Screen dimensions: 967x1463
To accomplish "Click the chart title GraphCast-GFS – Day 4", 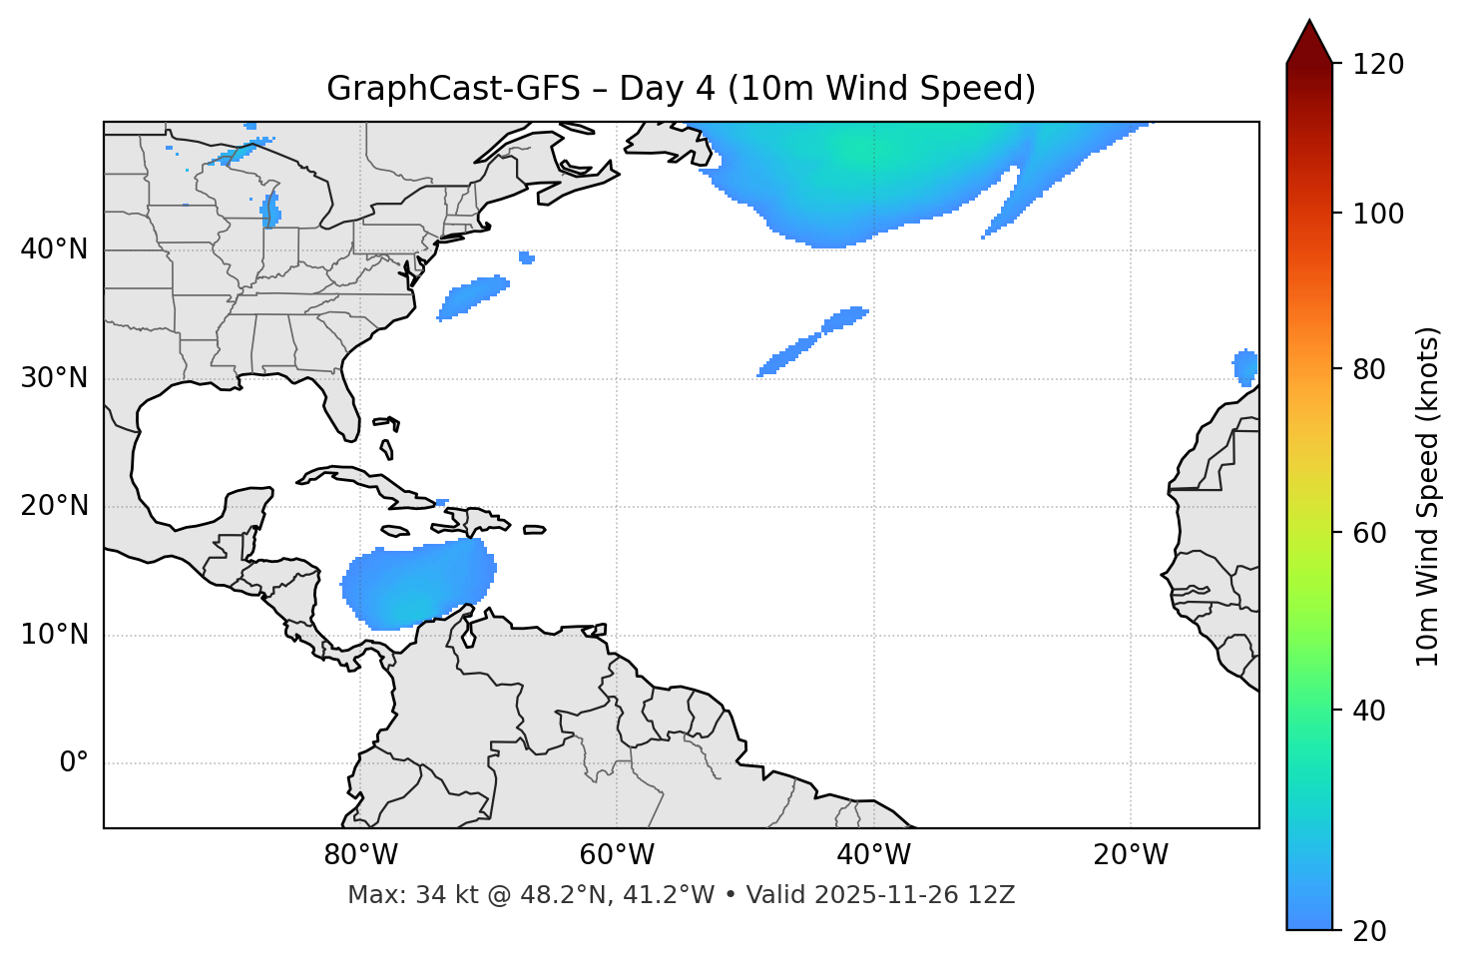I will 681,89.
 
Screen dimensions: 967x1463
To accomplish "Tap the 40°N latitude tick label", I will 54,249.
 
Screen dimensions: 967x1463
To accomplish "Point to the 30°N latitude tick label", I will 54,378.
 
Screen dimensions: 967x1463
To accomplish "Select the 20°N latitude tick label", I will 54,506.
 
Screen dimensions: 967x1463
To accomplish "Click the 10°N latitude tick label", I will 54,635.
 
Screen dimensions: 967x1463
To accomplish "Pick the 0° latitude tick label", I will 74,763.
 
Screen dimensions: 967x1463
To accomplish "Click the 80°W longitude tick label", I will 360,855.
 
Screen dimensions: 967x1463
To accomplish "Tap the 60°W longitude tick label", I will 617,855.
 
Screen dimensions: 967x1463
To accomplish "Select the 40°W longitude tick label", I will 874,855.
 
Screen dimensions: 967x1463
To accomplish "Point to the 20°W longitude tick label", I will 1131,855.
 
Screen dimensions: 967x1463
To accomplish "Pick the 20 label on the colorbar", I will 1370,931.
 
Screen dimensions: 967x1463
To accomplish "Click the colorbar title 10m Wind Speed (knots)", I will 1428,496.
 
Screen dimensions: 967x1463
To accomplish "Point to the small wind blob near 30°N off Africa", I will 1245,366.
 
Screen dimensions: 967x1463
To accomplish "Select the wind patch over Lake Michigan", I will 270,210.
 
